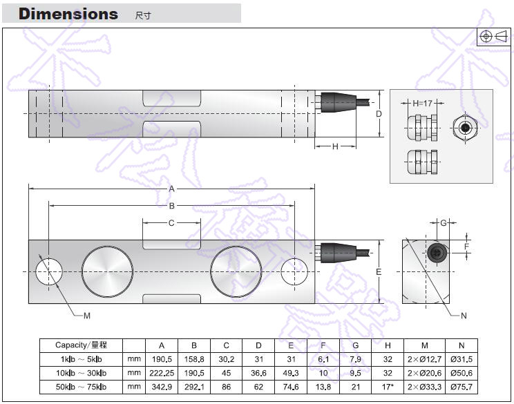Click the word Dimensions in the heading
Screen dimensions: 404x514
(68, 14)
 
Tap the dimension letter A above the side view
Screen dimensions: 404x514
(172, 189)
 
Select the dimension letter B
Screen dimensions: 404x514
(172, 206)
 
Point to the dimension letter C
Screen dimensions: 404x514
(172, 222)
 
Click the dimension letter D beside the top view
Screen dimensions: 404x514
(379, 114)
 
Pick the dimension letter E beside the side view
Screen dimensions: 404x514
(379, 272)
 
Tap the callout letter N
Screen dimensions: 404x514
(464, 316)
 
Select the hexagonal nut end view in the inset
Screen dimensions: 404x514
(466, 127)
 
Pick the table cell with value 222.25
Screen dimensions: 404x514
(162, 373)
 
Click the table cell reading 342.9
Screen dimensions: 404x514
(162, 386)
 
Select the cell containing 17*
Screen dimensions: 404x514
(388, 386)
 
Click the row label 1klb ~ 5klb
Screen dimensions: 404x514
(80, 359)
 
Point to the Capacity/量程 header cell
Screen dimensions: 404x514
(81, 345)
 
